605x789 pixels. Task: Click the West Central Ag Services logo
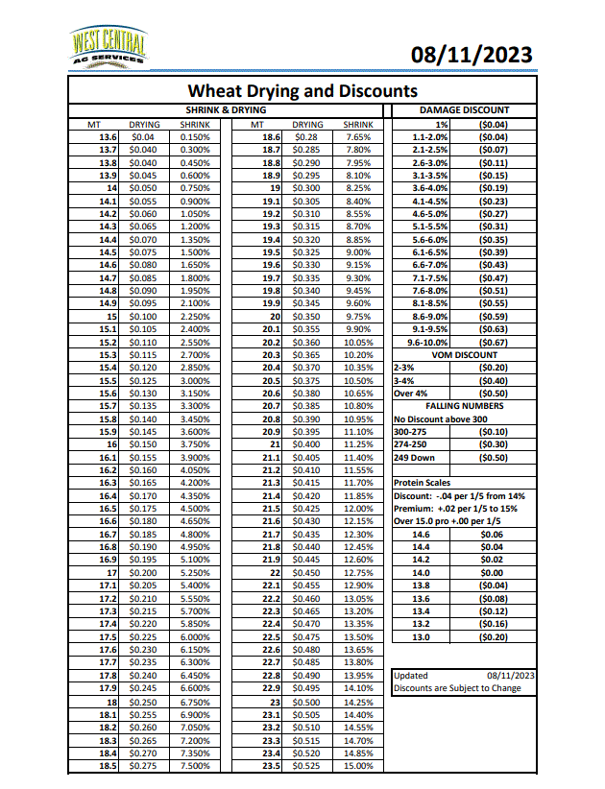click(109, 48)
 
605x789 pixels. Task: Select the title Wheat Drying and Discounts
click(302, 91)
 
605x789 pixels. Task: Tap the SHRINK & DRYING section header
click(226, 111)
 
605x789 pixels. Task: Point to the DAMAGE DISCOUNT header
click(465, 111)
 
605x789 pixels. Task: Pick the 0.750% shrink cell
click(195, 189)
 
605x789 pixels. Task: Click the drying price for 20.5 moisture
click(307, 380)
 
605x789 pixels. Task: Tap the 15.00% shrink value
click(357, 766)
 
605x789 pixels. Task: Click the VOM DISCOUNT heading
click(465, 354)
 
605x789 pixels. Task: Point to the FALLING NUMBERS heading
click(465, 406)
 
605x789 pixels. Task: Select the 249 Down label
click(416, 457)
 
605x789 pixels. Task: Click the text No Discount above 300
click(439, 419)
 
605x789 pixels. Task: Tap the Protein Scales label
click(423, 483)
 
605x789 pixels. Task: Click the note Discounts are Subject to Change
click(458, 688)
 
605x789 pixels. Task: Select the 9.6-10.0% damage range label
click(429, 342)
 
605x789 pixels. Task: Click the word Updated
click(412, 676)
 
